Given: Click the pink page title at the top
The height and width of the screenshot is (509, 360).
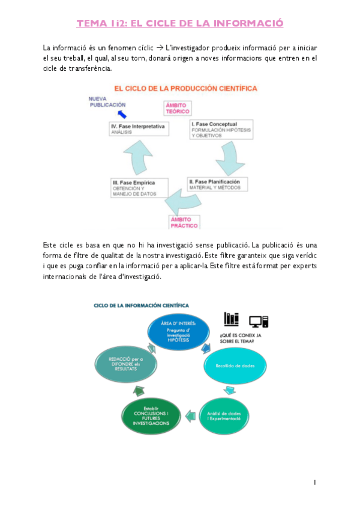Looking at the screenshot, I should point(179,24).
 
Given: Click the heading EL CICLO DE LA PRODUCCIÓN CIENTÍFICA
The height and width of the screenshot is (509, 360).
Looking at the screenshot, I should point(185,88).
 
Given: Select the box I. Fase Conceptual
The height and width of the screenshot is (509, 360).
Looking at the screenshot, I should point(218,129).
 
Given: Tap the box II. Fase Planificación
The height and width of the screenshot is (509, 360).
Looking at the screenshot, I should point(217,184).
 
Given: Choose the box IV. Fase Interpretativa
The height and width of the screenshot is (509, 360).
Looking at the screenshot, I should point(139,129).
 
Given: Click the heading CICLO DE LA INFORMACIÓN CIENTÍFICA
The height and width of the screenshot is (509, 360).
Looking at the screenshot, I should point(141,306).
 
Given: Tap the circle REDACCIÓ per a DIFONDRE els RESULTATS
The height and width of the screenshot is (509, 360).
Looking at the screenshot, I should point(121,365).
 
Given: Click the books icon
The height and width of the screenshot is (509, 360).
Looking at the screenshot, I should point(232,318).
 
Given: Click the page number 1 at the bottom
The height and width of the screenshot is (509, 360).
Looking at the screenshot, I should point(315,482).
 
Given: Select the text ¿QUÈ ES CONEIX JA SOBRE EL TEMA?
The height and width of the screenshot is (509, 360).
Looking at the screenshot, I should point(238,337).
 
